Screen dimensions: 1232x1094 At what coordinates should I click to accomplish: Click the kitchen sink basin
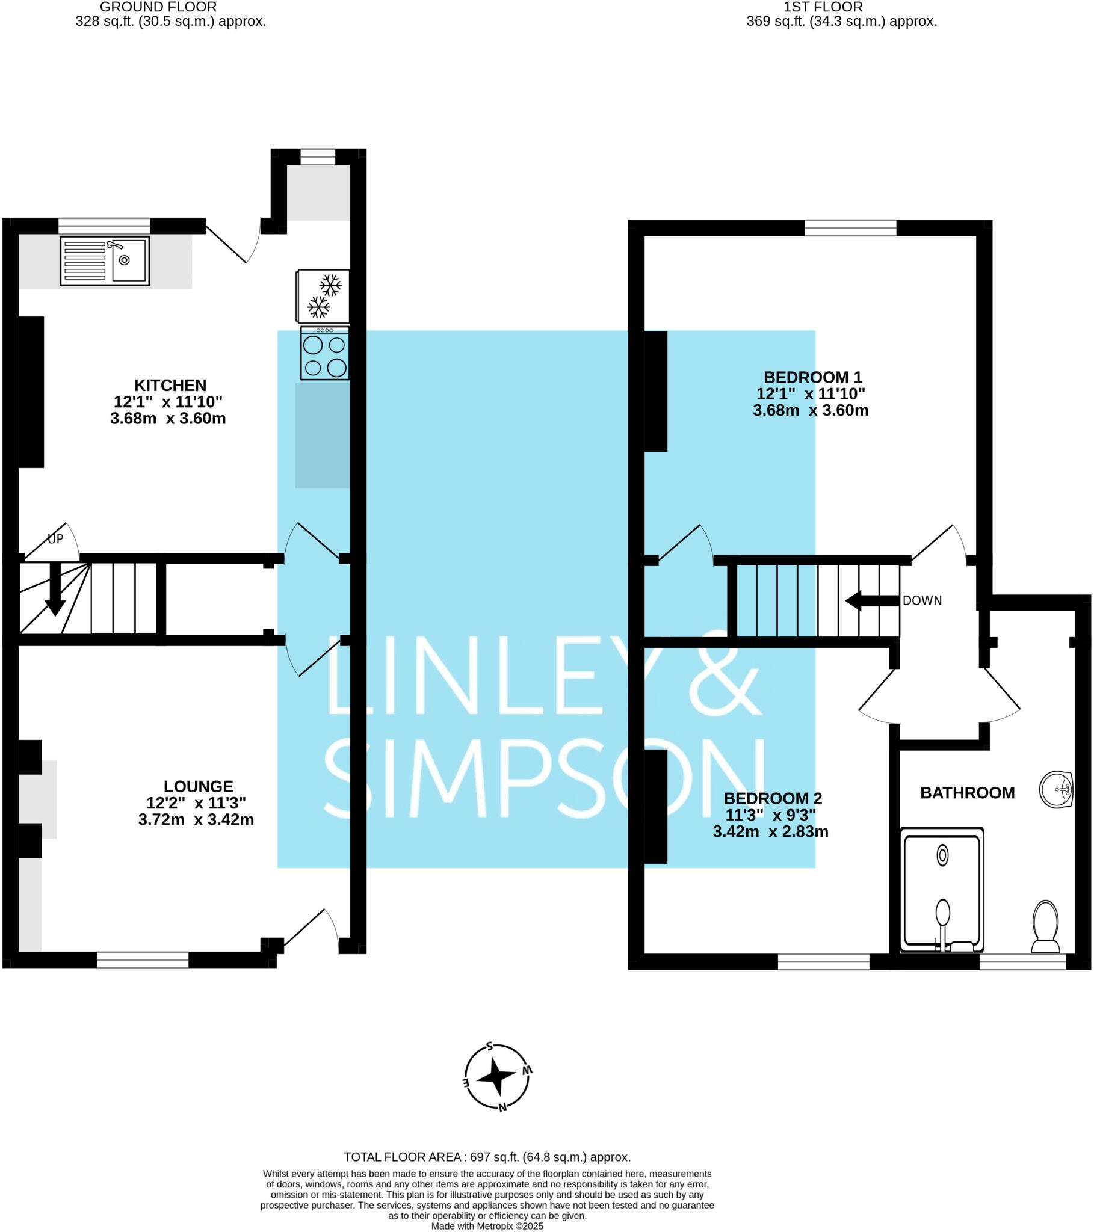129,260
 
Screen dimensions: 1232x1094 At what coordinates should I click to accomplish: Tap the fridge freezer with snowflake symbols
323,296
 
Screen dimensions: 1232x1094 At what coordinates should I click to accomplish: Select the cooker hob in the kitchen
324,354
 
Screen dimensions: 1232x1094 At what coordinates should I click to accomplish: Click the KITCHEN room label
170,385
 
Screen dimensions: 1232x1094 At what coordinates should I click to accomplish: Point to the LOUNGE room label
199,786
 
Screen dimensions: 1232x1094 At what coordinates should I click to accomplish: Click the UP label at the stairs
55,539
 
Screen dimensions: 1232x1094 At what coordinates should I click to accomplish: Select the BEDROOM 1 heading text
812,377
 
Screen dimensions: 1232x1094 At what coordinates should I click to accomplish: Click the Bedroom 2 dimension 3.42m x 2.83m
770,832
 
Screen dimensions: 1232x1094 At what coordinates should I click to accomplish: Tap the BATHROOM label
967,793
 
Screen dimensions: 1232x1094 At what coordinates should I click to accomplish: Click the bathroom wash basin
1056,789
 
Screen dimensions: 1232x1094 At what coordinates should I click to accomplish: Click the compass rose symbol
497,1076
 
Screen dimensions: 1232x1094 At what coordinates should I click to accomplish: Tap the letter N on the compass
502,1107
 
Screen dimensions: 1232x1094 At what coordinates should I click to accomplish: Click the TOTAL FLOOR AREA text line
487,1157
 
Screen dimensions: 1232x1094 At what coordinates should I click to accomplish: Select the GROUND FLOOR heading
158,7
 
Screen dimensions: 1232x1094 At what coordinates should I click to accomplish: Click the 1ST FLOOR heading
823,7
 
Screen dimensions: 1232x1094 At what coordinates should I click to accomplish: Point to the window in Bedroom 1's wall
850,228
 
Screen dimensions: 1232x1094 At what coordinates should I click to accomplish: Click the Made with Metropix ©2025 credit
487,1226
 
